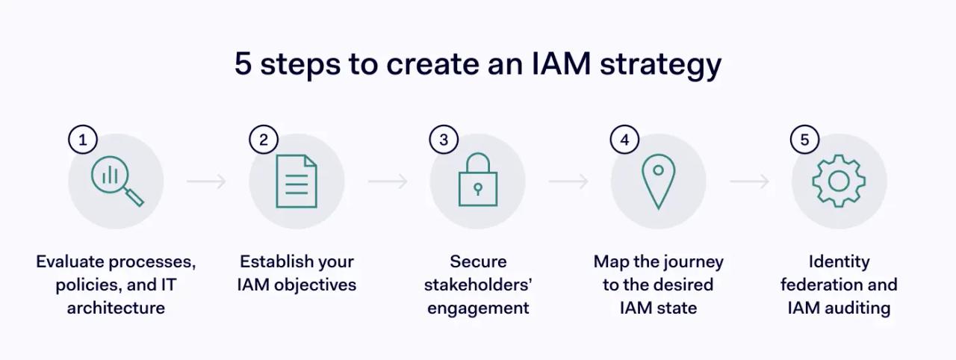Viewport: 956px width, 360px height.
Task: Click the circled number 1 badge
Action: click(83, 140)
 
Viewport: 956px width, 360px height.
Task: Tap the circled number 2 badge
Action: click(264, 140)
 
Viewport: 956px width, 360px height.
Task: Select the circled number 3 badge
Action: click(444, 140)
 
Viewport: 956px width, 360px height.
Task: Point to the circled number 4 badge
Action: click(625, 140)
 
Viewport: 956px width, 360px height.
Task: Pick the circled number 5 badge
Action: click(805, 140)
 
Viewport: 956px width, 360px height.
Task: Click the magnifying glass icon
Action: click(117, 181)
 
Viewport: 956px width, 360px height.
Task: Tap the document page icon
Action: click(297, 181)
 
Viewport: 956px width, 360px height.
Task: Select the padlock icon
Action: click(477, 181)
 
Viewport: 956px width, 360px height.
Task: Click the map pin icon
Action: click(658, 181)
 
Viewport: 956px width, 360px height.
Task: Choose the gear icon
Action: click(839, 181)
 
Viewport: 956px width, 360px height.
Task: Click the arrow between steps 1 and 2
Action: click(206, 181)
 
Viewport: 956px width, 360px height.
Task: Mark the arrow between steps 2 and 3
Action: click(388, 181)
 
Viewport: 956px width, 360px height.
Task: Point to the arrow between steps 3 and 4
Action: click(568, 181)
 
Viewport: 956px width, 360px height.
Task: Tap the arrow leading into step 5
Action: click(749, 181)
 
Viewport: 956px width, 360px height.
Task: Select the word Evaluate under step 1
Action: click(69, 262)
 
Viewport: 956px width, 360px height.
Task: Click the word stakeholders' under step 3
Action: click(477, 285)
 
